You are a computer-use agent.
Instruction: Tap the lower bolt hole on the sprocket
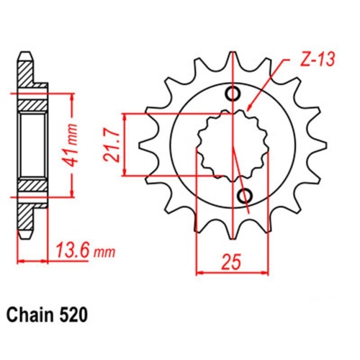pos(244,195)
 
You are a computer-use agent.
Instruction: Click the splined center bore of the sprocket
pos(229,144)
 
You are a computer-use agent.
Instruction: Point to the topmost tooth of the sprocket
pos(233,62)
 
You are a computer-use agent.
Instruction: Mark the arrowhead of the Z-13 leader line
pos(251,107)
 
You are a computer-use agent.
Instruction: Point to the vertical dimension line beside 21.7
pos(127,144)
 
